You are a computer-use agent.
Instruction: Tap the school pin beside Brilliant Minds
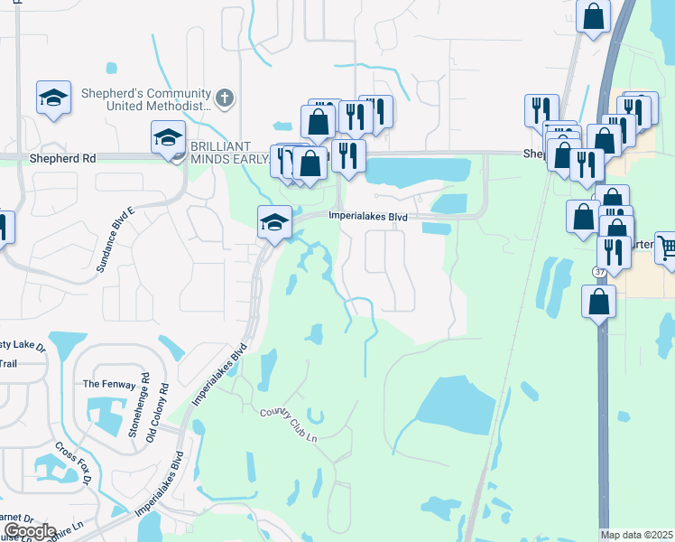click(x=167, y=139)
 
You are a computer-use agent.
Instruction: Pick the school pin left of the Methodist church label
click(x=53, y=97)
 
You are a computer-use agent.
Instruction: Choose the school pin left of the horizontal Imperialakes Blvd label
click(x=274, y=222)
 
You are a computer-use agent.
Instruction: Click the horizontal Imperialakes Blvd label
click(x=368, y=217)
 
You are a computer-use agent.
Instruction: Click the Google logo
click(x=30, y=531)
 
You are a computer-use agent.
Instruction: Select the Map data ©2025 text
click(x=636, y=535)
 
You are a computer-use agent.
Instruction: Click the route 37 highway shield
click(x=600, y=270)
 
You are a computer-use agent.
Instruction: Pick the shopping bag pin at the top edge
click(x=594, y=15)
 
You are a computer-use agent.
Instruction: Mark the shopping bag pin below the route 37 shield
click(x=599, y=303)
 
